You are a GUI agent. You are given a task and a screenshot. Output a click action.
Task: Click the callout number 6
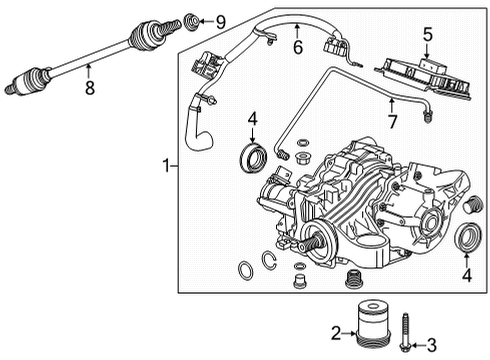tap(296, 47)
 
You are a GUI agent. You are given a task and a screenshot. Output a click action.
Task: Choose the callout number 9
tap(221, 18)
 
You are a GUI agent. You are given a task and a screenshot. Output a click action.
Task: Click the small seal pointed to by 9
tap(192, 19)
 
